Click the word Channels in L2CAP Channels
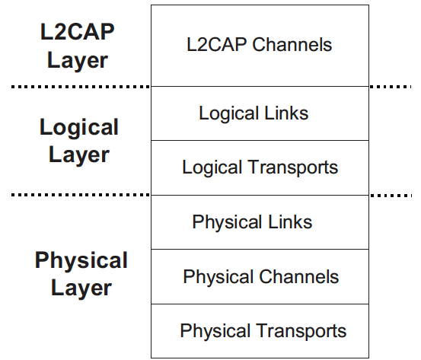(x=292, y=44)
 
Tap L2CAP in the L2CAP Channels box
(x=217, y=44)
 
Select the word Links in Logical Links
(x=286, y=113)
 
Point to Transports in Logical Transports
(x=292, y=167)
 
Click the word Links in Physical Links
(x=290, y=221)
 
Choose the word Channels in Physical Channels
(x=299, y=276)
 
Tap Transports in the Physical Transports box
(x=301, y=331)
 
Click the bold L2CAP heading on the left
(x=78, y=32)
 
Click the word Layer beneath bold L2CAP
(x=78, y=61)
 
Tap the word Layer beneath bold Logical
(x=79, y=156)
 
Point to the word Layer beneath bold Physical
(x=81, y=288)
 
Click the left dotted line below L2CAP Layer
(x=81, y=87)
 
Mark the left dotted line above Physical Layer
(x=81, y=195)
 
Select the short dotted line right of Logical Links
(x=391, y=87)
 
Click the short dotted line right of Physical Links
(x=391, y=196)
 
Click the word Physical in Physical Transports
(x=215, y=331)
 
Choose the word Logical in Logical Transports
(x=212, y=168)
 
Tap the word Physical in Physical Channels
(x=218, y=277)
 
